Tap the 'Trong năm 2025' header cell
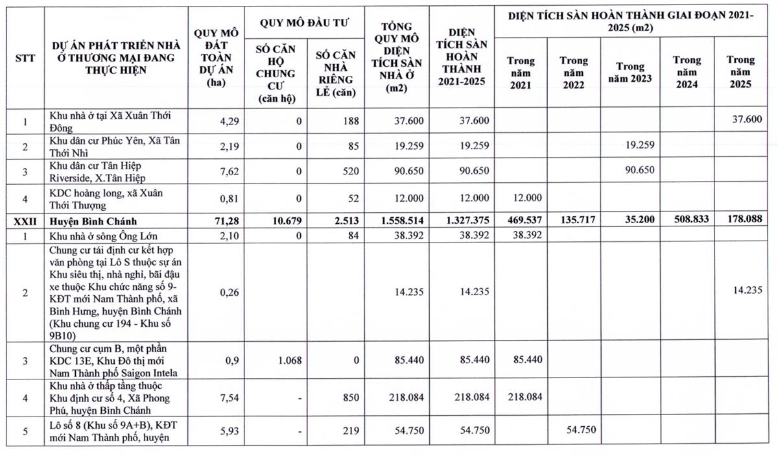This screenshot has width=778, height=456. coord(740,71)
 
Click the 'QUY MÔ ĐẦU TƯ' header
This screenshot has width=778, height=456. coord(304,23)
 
